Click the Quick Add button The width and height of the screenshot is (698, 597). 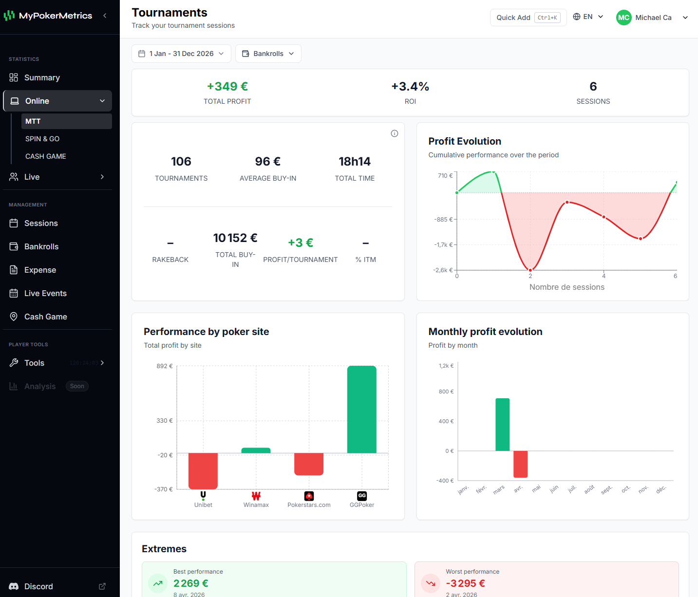tap(528, 18)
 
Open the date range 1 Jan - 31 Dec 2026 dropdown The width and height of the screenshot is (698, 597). tap(181, 54)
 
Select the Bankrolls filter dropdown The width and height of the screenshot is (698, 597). tap(268, 54)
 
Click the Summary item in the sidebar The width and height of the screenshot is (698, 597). tap(42, 77)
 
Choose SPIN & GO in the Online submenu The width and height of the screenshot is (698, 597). tap(42, 139)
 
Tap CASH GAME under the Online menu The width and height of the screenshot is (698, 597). tap(46, 156)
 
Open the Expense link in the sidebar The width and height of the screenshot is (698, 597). tap(40, 270)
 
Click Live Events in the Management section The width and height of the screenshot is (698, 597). tap(45, 293)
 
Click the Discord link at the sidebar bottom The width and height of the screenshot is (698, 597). tap(38, 586)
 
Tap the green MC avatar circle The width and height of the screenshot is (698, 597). tap(623, 18)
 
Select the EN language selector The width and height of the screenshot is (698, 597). tap(588, 17)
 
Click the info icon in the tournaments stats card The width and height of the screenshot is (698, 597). tap(395, 133)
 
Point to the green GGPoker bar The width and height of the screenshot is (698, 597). tap(361, 409)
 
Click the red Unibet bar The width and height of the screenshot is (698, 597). tap(203, 470)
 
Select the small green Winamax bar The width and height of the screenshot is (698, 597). tap(256, 450)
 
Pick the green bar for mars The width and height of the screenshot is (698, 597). tap(502, 425)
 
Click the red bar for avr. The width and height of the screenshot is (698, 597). tap(520, 464)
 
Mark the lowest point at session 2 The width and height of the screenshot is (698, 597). tap(530, 270)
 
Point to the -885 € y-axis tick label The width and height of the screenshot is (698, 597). tap(443, 220)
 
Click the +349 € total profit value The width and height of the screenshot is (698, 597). tap(227, 87)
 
